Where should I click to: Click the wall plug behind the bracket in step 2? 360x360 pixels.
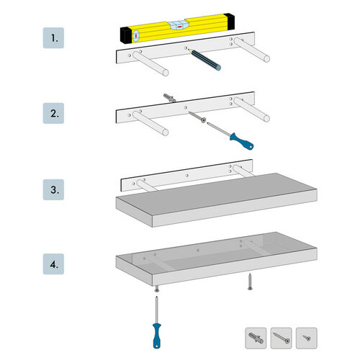[x=169, y=97]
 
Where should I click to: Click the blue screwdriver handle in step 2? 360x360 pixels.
[x=238, y=138]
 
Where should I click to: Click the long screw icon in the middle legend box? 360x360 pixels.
[x=281, y=336]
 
